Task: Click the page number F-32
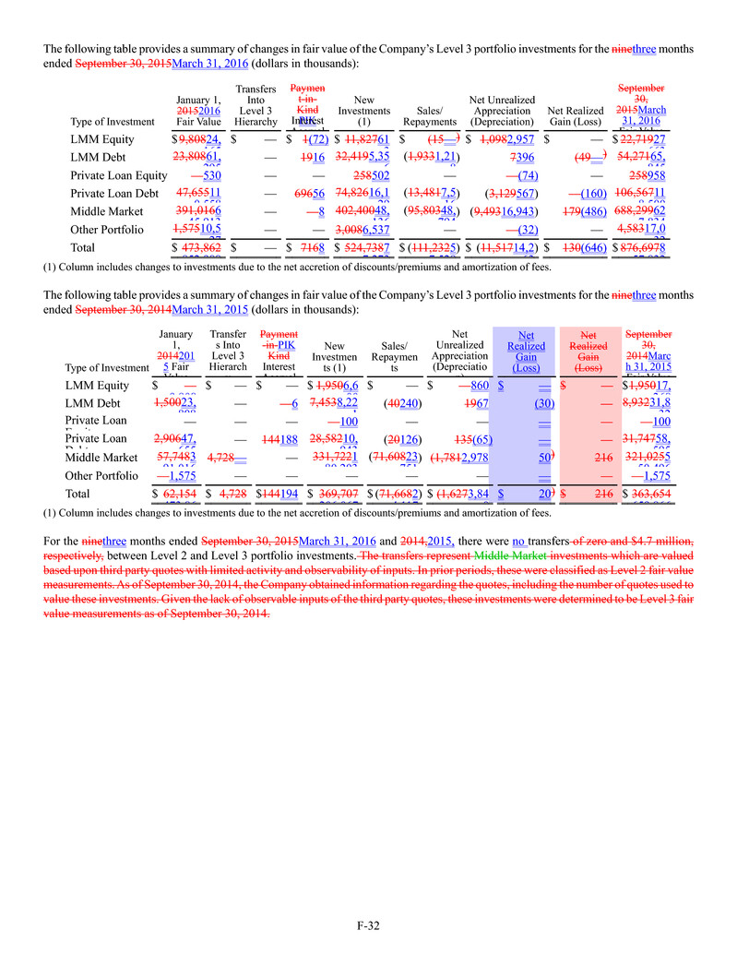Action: coord(368,924)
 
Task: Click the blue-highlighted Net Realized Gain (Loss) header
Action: coord(526,352)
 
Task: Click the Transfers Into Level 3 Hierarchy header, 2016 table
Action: coord(256,104)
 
